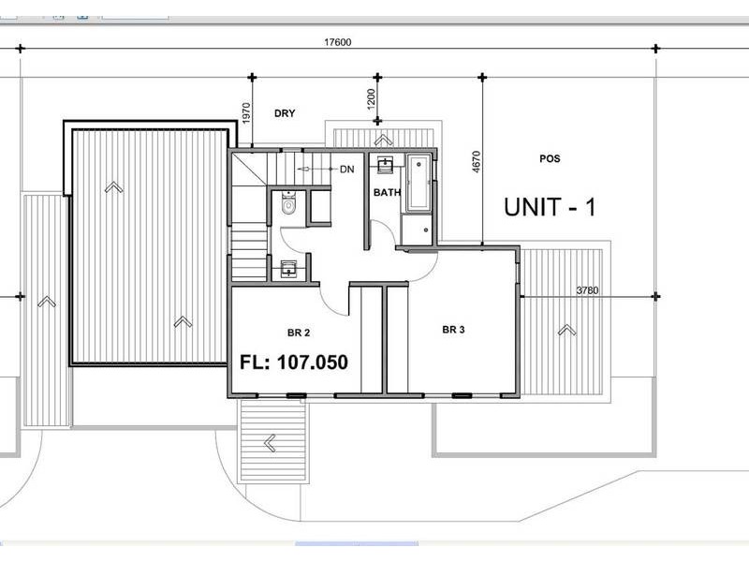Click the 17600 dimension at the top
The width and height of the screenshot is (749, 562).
[339, 41]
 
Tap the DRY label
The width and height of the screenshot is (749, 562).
[285, 113]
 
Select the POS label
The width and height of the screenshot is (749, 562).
[550, 158]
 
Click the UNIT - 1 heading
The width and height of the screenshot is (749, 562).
[550, 207]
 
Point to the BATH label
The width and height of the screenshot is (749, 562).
[387, 193]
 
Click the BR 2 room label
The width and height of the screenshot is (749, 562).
[300, 333]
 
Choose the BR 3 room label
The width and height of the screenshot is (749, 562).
[453, 330]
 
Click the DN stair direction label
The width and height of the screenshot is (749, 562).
[346, 169]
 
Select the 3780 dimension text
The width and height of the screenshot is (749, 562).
[587, 290]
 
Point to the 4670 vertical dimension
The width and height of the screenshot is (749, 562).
[477, 165]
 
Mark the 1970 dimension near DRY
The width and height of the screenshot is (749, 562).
[245, 113]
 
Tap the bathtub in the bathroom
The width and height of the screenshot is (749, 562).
[418, 183]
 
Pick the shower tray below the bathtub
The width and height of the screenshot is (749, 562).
[417, 228]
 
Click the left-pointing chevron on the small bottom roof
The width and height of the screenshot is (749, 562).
[271, 441]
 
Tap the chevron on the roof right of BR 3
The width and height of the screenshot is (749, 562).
[565, 330]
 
